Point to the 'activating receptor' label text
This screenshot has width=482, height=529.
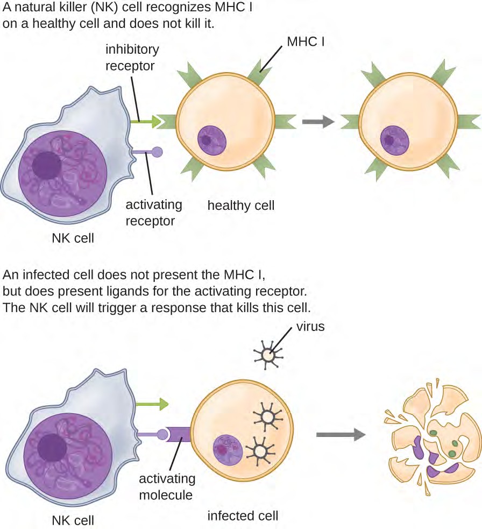(x=154, y=212)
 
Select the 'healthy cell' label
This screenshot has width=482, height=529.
(x=241, y=205)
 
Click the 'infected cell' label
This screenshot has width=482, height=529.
(x=243, y=516)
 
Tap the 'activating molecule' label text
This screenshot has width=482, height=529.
(x=167, y=486)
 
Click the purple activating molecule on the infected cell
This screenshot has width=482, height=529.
(x=178, y=434)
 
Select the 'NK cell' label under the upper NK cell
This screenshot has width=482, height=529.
(x=73, y=237)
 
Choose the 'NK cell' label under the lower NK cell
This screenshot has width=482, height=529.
(x=73, y=520)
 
